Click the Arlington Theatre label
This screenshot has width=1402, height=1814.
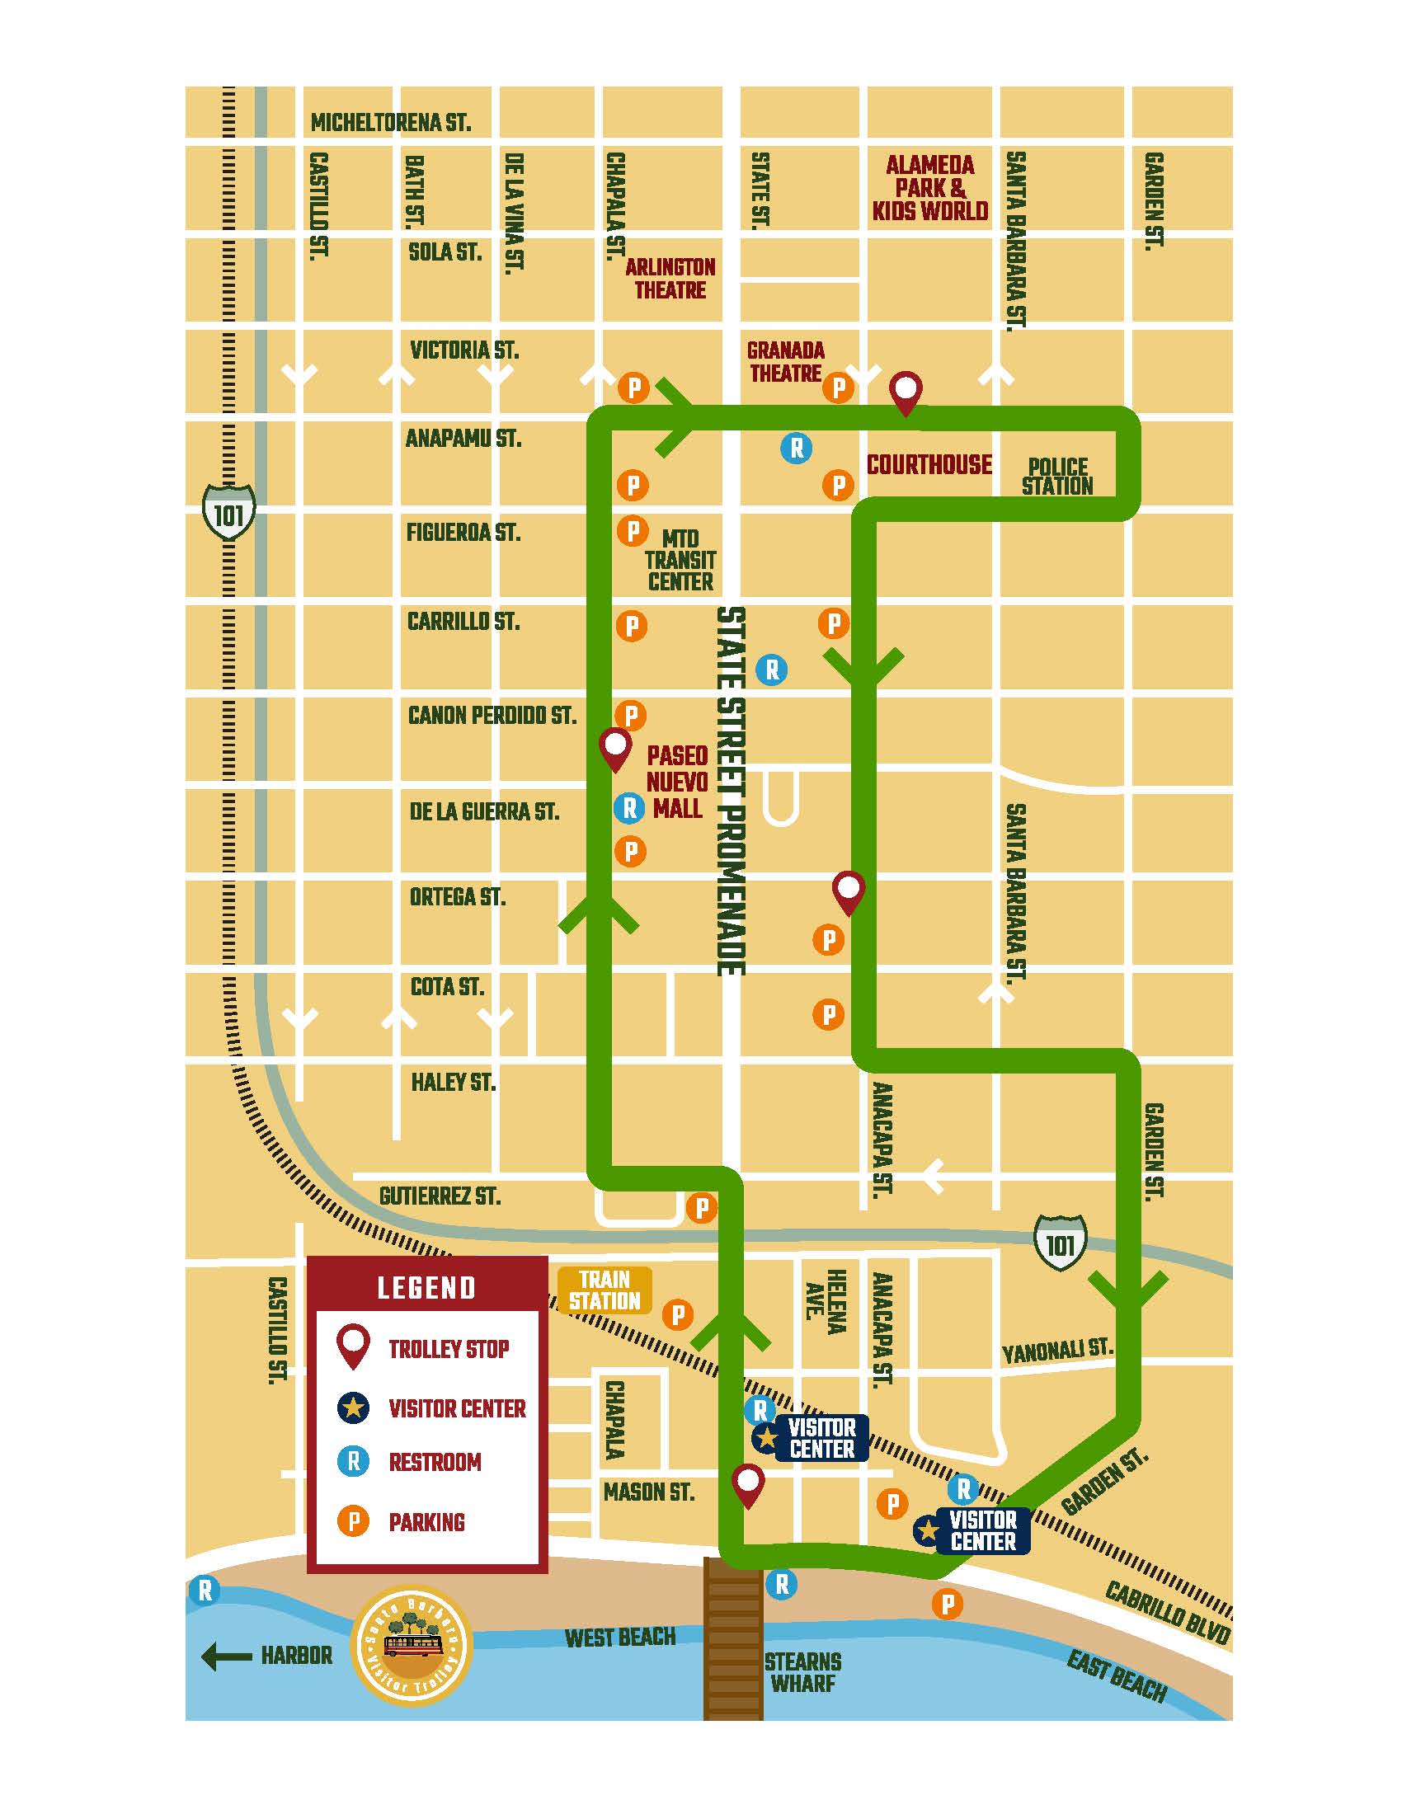point(670,278)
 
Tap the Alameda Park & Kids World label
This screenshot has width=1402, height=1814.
point(929,189)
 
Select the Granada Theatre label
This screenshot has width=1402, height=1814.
point(785,362)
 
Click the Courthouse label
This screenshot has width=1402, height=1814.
point(929,464)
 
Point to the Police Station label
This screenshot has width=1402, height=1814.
point(1056,477)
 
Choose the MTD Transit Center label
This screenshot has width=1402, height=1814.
point(680,561)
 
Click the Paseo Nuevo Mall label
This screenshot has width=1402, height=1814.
point(677,782)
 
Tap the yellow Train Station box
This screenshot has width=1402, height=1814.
point(605,1290)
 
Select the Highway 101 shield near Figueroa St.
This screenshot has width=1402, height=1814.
point(229,512)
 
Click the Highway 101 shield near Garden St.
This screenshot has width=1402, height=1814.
point(1061,1243)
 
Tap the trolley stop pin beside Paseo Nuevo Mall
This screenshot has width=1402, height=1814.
point(614,749)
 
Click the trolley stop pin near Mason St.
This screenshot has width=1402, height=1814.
point(747,1486)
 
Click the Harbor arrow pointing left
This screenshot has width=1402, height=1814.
point(227,1657)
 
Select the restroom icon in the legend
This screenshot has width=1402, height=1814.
point(353,1461)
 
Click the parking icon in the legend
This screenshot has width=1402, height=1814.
point(353,1521)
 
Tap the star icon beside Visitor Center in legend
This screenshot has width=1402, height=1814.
point(353,1407)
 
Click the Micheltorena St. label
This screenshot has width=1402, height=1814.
point(390,123)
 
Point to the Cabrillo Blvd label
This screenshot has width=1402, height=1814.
point(1166,1612)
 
